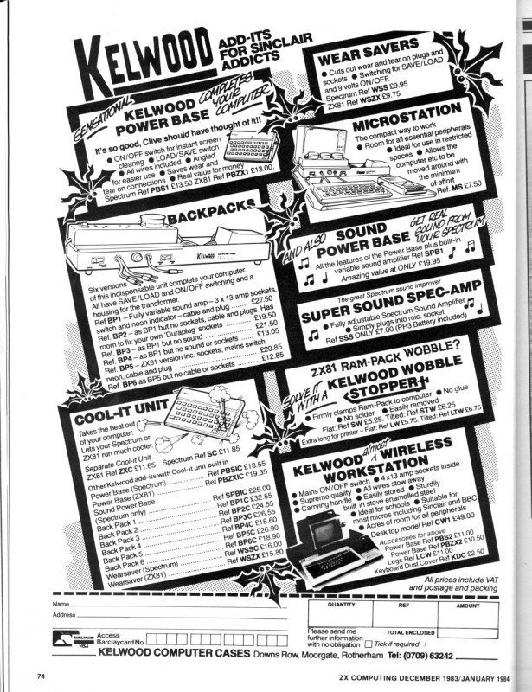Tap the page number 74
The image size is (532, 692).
[x=41, y=672]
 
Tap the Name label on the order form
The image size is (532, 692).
[x=61, y=603]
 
